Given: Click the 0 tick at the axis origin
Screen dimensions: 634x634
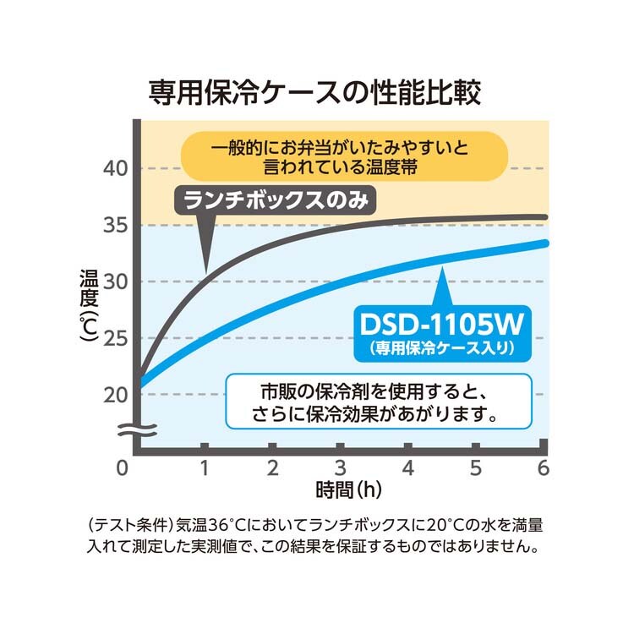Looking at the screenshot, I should coord(123,467).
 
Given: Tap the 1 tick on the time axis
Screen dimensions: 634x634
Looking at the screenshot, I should coord(204,467).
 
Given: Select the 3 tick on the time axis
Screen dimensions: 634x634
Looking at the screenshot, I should coord(340,467).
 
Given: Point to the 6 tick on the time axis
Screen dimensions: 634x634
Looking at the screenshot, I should coord(543,467).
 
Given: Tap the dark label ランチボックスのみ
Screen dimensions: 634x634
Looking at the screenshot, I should coord(274,201).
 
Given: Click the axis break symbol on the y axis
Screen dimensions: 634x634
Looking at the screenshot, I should coord(134,430).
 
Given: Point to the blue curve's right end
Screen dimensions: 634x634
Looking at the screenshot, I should coord(545,243).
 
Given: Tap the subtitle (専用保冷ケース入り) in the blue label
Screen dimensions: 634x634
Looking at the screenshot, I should coord(443,346).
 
